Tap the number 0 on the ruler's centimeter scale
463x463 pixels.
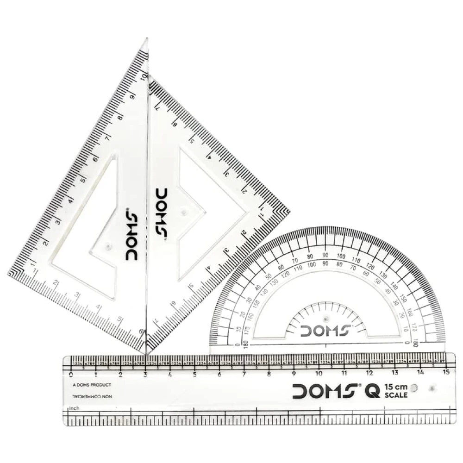70,374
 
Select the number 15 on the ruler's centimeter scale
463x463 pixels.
446,373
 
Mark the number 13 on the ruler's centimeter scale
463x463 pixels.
395,373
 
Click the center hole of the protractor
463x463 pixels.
326,319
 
